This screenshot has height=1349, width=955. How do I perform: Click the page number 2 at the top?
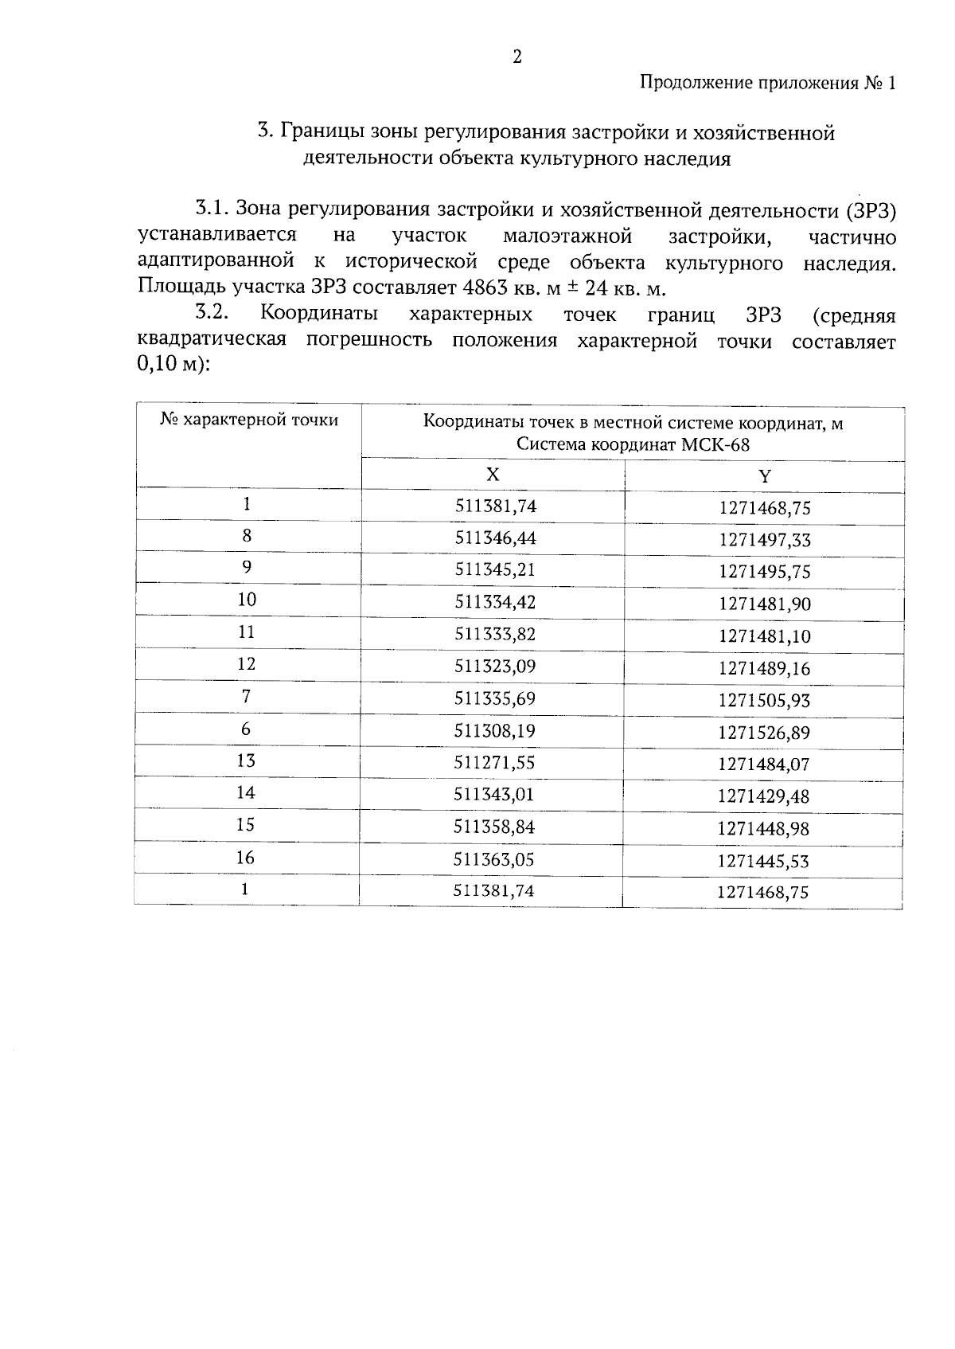pos(517,57)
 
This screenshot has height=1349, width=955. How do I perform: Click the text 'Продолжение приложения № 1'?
pos(768,84)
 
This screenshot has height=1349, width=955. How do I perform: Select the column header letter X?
pos(493,475)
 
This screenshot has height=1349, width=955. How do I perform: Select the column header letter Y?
pos(765,476)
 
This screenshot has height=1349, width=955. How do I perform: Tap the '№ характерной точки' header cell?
pos(249,420)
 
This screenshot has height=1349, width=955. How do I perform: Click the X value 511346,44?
pos(495,538)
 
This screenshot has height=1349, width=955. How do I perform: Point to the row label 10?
pos(247,600)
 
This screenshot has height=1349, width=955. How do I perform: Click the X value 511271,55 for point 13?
pos(494,762)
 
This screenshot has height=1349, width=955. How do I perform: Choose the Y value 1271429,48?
pos(763,796)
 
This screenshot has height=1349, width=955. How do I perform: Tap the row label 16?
pos(246,858)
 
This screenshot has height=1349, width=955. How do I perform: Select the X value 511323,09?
pos(495,666)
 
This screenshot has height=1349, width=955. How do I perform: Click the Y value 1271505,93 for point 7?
pos(764,701)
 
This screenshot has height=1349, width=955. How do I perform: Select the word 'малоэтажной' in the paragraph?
pos(567,237)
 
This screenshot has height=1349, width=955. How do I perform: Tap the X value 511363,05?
pos(494,859)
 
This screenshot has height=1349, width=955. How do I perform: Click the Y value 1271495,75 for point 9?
pos(764,572)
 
